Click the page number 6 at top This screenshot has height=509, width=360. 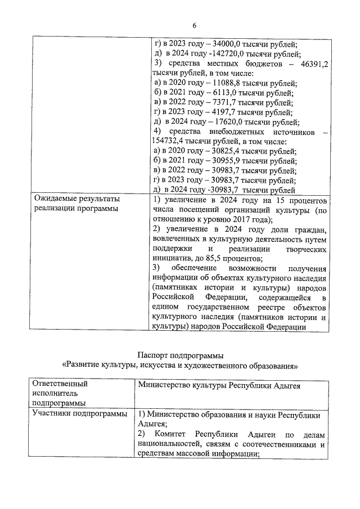195,25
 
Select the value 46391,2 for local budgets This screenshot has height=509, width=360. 314,64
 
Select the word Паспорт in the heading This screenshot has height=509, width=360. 152,355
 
